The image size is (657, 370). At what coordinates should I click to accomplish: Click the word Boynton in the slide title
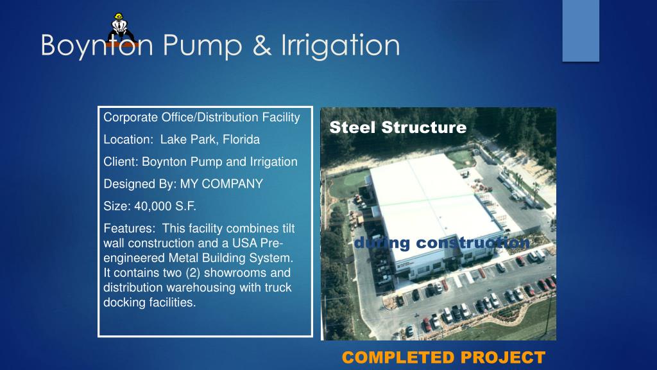tap(97, 46)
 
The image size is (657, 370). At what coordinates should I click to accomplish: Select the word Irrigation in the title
tap(340, 46)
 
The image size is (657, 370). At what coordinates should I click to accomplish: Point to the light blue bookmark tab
tap(581, 30)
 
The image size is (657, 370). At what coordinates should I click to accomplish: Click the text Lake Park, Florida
tap(210, 139)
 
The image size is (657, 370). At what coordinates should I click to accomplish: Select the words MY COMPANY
tap(221, 184)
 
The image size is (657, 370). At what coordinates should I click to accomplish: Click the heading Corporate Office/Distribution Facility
tap(201, 118)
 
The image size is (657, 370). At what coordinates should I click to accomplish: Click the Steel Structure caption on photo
tap(398, 127)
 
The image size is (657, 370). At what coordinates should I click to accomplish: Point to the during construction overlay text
tap(442, 243)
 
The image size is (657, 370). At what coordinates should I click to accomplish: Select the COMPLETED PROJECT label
tap(443, 357)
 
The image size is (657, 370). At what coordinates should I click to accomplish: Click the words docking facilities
tap(149, 303)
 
